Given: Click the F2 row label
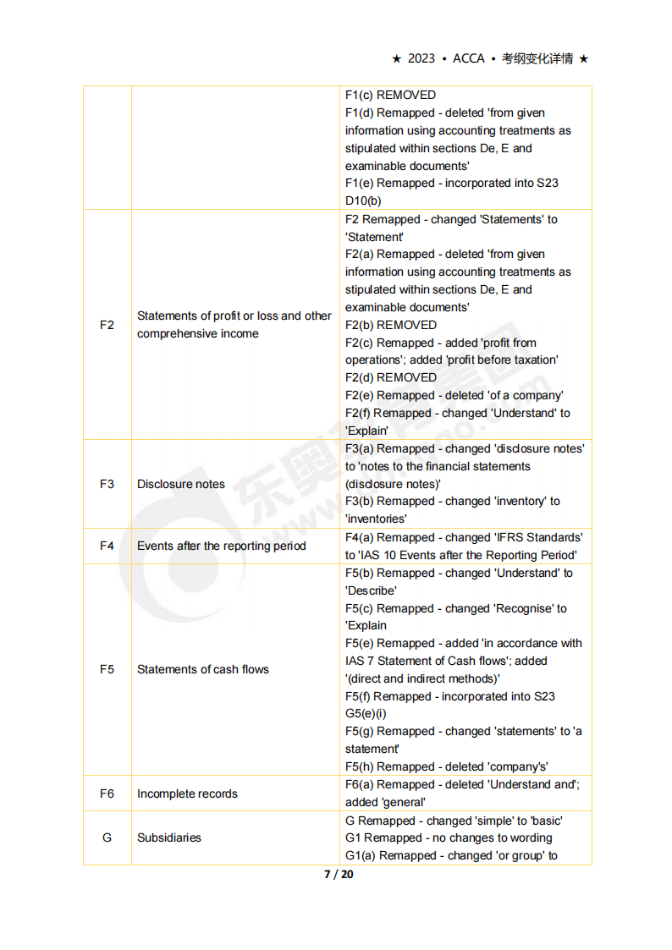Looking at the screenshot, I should click(x=107, y=325).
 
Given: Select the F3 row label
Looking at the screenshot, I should click(x=107, y=484).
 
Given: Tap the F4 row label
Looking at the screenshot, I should click(x=107, y=546).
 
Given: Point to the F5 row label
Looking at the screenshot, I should click(x=107, y=669).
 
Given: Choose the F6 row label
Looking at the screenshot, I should click(x=107, y=793).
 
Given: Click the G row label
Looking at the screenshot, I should click(x=107, y=837).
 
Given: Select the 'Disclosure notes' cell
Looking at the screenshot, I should click(x=181, y=484).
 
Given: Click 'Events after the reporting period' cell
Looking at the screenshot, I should click(x=222, y=546).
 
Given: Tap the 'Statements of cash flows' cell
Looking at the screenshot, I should click(x=203, y=669).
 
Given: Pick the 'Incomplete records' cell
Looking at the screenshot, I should click(x=187, y=793).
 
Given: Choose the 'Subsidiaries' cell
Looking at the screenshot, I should click(x=169, y=837).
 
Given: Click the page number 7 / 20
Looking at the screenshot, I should click(x=339, y=874).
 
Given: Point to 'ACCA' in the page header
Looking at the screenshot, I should click(x=469, y=58).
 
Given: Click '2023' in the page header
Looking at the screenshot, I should click(x=421, y=58).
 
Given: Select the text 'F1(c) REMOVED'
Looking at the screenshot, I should click(x=391, y=96).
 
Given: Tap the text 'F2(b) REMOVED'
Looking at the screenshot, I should click(x=391, y=325).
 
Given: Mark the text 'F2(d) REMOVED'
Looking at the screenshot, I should click(x=391, y=377).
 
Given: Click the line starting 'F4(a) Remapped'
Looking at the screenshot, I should click(x=464, y=537).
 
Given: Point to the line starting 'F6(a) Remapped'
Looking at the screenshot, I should click(x=462, y=784).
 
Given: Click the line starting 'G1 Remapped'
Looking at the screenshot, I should click(x=449, y=837).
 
